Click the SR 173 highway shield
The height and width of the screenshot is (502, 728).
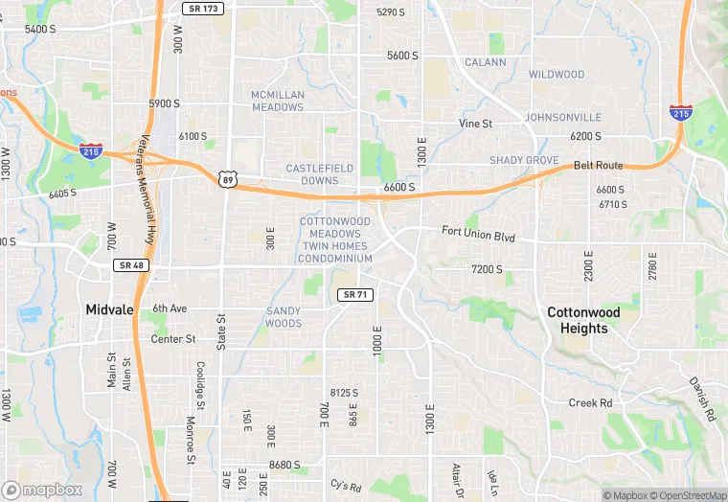pyautogui.click(x=202, y=8)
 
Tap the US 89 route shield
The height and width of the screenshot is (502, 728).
pyautogui.click(x=227, y=180)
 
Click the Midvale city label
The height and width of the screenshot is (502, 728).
pyautogui.click(x=110, y=309)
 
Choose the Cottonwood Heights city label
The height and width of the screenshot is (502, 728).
pyautogui.click(x=583, y=320)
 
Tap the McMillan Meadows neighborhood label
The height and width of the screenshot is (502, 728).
pyautogui.click(x=277, y=101)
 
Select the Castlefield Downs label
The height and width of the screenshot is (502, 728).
pyautogui.click(x=319, y=174)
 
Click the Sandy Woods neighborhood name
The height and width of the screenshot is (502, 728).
pyautogui.click(x=284, y=317)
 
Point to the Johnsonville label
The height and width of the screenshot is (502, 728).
pyautogui.click(x=565, y=117)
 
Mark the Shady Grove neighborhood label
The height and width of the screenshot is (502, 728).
pyautogui.click(x=524, y=160)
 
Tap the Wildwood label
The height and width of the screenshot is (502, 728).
pyautogui.click(x=557, y=75)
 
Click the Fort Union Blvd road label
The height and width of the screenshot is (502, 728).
pyautogui.click(x=478, y=233)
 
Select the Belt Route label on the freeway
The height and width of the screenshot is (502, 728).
pyautogui.click(x=598, y=166)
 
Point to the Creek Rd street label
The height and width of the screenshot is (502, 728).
pyautogui.click(x=590, y=403)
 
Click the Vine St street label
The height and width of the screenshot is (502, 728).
pyautogui.click(x=474, y=125)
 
